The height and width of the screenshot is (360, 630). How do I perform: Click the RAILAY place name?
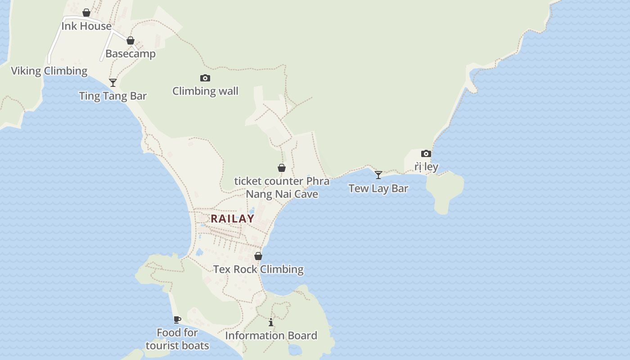233,219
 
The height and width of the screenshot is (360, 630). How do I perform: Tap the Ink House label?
86,26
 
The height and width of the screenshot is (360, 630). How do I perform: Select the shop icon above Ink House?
86,13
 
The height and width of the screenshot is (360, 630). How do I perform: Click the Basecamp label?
130,54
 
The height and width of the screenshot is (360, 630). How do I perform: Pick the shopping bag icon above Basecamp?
130,40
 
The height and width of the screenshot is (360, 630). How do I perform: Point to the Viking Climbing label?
49,71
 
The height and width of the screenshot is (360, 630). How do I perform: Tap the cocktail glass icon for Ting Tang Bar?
113,82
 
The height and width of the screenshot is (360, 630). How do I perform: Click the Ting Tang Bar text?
113,96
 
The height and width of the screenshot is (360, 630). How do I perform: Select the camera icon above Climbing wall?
205,78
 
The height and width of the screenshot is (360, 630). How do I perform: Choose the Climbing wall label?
205,91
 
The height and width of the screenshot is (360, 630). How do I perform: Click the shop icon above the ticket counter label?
282,168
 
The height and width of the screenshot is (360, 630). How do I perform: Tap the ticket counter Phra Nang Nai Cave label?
282,188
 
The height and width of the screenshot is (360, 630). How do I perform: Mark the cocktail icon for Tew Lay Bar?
378,175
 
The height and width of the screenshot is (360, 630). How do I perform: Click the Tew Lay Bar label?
378,189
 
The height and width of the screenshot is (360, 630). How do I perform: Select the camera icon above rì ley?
426,153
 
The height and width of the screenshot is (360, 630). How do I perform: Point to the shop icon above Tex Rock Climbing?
258,256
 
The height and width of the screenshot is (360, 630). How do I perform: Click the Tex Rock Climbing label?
258,269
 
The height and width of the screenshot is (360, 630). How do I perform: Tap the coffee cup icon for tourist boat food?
177,319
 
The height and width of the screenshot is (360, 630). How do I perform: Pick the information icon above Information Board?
271,322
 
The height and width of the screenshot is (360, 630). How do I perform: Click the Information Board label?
271,336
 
